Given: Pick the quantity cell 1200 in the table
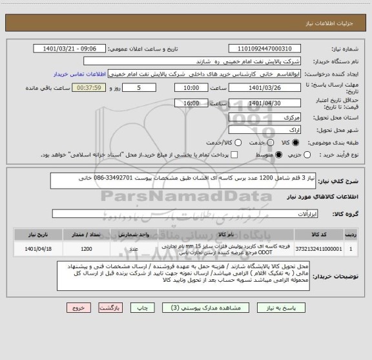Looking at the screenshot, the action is [x=86, y=248].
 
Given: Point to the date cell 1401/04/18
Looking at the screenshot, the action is [x=33, y=248].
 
